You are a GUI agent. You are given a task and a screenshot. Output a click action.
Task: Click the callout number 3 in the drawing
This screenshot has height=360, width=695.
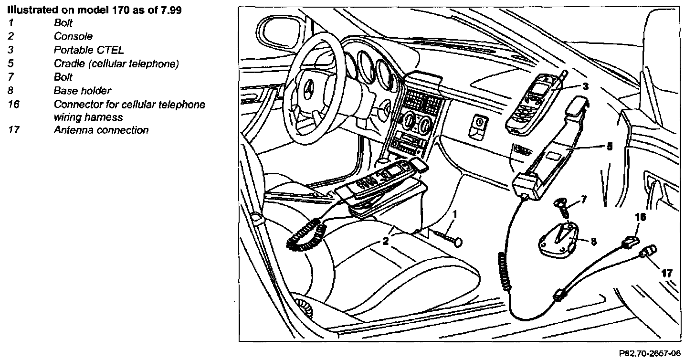click(586, 87)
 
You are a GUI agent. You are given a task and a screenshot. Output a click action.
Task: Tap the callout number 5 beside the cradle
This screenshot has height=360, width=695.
click(609, 147)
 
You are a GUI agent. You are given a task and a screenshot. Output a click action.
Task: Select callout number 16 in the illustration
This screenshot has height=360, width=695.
click(641, 217)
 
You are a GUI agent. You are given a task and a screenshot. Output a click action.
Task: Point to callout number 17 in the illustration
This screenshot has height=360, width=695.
click(667, 274)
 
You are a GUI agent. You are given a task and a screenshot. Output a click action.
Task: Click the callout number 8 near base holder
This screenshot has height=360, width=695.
click(593, 242)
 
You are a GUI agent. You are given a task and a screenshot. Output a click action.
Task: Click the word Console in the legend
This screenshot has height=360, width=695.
click(73, 36)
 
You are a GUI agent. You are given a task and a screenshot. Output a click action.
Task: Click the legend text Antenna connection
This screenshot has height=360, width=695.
click(101, 130)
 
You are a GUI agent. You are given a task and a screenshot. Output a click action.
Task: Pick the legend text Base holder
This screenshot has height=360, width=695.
click(82, 90)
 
